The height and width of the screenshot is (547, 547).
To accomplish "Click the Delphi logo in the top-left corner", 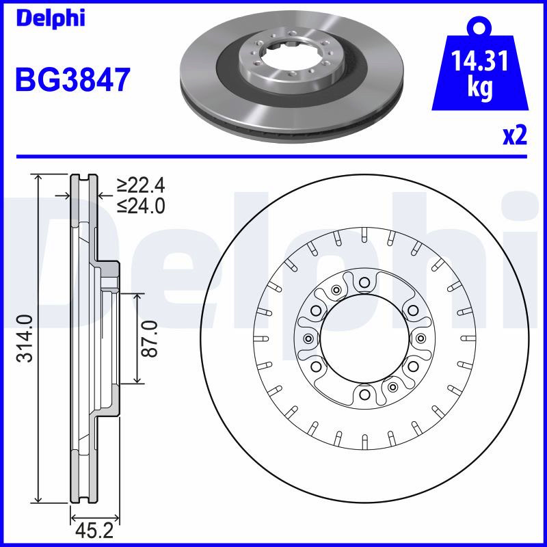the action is click(x=51, y=18).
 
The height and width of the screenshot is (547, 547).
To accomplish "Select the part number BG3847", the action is click(x=73, y=80).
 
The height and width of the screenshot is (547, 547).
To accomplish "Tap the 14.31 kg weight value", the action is click(x=480, y=73).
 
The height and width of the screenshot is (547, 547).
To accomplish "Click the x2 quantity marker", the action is click(x=515, y=135).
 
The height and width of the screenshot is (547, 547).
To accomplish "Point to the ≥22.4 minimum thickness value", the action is click(x=141, y=185).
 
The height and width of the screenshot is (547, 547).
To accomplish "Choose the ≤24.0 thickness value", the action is click(x=141, y=206).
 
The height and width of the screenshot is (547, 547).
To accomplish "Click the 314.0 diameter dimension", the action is click(x=27, y=338).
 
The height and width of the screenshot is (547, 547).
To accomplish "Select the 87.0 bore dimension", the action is click(x=150, y=338).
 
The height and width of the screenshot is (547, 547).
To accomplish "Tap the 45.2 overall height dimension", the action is click(x=95, y=531).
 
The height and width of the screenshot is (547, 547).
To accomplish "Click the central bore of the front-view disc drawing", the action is click(x=364, y=338).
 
